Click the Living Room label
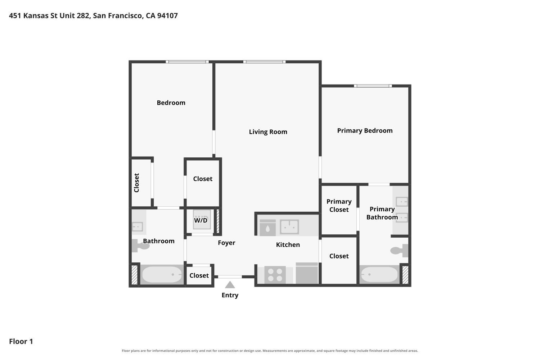[x=268, y=132]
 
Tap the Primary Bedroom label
[x=365, y=131]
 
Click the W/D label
[x=201, y=220]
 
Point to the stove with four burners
[x=275, y=275]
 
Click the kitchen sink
[x=289, y=227]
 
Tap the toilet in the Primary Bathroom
[x=400, y=251]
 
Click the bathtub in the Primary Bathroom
[x=379, y=275]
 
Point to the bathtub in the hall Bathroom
[x=162, y=275]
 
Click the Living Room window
[x=265, y=62]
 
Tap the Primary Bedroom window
[x=373, y=86]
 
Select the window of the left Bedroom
[x=187, y=62]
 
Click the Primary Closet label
[x=339, y=206]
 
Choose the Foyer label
[x=226, y=243]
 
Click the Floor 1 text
[x=21, y=341]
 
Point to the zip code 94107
[x=167, y=16]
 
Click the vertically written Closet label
[x=136, y=183]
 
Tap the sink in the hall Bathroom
[x=138, y=227]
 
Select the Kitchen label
[x=288, y=245]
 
